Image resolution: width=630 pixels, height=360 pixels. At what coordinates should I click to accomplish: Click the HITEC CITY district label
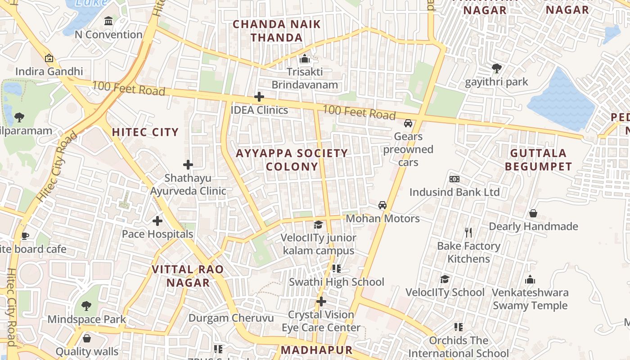(x=145, y=132)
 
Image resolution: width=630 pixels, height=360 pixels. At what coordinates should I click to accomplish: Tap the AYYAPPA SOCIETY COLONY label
(x=292, y=160)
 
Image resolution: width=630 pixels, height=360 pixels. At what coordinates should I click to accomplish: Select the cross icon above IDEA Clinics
(x=259, y=97)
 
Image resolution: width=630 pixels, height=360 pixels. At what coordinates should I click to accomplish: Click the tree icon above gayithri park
(x=497, y=68)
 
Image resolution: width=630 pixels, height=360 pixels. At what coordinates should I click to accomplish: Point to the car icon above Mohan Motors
(x=382, y=205)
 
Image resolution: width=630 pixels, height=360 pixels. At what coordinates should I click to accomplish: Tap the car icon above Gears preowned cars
(x=408, y=123)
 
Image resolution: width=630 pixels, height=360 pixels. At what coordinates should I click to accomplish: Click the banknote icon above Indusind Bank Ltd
(x=454, y=179)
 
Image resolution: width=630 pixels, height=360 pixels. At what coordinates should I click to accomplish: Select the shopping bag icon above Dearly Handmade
(x=533, y=213)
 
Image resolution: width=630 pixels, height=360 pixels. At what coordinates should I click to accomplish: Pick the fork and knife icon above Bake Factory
(x=468, y=233)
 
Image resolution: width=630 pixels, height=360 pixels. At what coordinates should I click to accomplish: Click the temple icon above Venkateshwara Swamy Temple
(x=530, y=279)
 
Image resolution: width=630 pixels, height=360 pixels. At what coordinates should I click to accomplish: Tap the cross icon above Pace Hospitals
(x=157, y=221)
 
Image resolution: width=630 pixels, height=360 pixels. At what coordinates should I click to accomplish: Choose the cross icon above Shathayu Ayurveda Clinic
(x=188, y=165)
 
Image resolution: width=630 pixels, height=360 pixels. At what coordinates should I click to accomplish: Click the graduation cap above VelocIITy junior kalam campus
(x=319, y=225)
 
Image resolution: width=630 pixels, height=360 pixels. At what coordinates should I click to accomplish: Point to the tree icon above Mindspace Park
(x=86, y=306)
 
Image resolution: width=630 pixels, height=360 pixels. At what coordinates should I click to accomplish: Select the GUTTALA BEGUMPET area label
(x=538, y=160)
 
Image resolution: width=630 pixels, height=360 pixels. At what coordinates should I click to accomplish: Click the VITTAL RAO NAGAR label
(x=188, y=276)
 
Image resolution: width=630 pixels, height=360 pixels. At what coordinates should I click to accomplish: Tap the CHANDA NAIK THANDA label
(x=277, y=31)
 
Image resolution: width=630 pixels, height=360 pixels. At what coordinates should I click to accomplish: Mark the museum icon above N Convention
(x=108, y=21)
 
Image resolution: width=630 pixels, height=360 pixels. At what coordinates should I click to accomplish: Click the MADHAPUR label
(x=316, y=350)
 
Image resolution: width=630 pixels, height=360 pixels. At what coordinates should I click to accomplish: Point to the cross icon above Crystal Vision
(x=321, y=301)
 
